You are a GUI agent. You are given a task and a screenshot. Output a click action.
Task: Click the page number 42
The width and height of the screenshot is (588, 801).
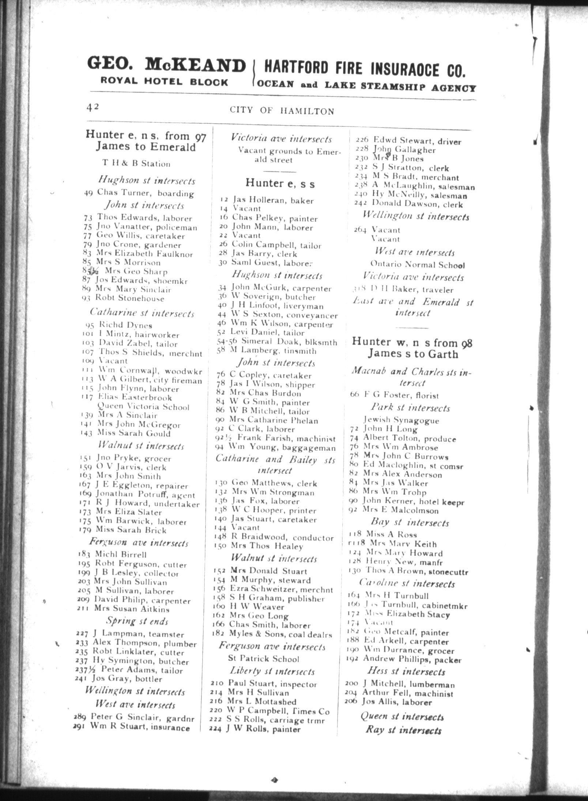[x=93, y=107]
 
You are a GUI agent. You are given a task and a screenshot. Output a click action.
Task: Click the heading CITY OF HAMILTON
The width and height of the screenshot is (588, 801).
[x=282, y=111]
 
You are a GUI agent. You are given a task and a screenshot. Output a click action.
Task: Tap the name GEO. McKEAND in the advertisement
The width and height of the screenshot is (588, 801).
[x=166, y=66]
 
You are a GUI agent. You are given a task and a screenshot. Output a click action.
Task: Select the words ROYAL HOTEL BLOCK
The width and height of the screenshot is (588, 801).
[x=165, y=82]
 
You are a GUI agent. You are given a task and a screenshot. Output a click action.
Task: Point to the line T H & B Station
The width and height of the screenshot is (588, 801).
[x=136, y=163]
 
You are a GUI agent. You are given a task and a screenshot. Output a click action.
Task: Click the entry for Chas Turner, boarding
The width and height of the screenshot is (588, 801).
[x=139, y=193]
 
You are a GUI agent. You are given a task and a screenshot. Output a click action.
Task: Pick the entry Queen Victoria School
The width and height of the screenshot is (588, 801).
[x=143, y=407]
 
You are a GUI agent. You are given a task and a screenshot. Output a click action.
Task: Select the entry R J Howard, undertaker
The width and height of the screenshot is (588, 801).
[x=139, y=504]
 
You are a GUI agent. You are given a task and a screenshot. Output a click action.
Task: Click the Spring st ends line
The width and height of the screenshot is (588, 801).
[x=137, y=621]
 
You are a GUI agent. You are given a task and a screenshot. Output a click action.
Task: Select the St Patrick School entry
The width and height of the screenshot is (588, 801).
[x=263, y=659]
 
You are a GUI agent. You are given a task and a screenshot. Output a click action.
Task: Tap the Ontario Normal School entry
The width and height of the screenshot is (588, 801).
[x=418, y=265]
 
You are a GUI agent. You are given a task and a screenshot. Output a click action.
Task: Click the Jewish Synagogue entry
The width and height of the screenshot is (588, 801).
[x=401, y=420]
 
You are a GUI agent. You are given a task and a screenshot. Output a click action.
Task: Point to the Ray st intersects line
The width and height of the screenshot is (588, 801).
[x=403, y=730]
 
